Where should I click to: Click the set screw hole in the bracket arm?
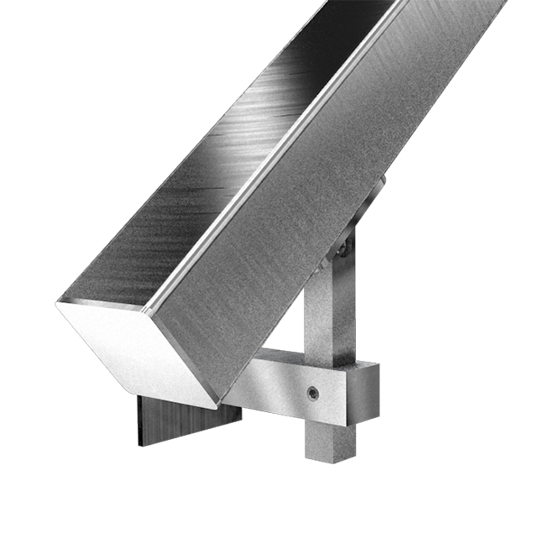(313, 392)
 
